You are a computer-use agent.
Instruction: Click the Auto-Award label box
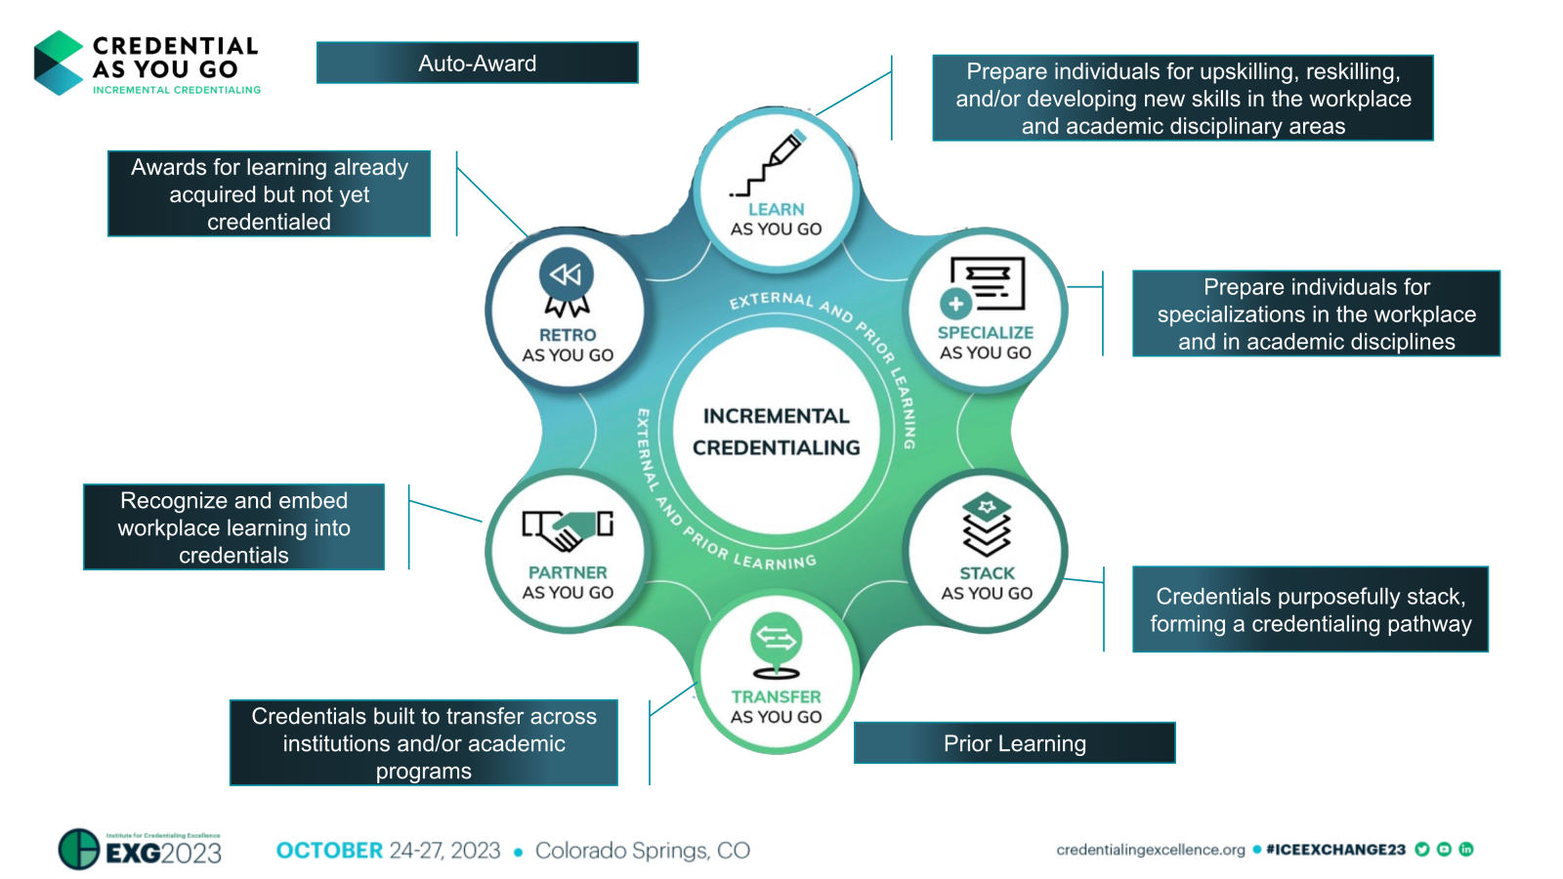point(477,63)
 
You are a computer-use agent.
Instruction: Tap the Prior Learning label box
point(1014,743)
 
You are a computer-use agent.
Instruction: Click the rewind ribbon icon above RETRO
point(567,283)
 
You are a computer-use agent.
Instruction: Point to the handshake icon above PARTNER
point(568,530)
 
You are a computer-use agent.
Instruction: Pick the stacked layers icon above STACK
point(987,524)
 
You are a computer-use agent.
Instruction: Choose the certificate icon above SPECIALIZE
point(985,286)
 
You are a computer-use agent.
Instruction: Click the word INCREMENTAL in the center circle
point(777,416)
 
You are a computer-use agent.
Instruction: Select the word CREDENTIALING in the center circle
point(777,447)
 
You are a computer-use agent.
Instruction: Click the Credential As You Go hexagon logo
point(59,63)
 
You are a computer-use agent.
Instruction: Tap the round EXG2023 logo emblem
point(79,849)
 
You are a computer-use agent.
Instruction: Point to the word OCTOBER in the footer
point(329,850)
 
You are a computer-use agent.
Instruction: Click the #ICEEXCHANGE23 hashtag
point(1335,850)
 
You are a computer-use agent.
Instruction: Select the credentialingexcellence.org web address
point(1150,850)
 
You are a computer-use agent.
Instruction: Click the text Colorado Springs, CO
point(643,850)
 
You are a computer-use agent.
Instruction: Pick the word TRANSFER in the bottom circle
point(777,696)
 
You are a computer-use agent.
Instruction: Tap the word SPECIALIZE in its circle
point(986,332)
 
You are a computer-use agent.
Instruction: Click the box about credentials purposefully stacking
point(1310,609)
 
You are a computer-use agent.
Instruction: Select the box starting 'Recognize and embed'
point(233,527)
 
